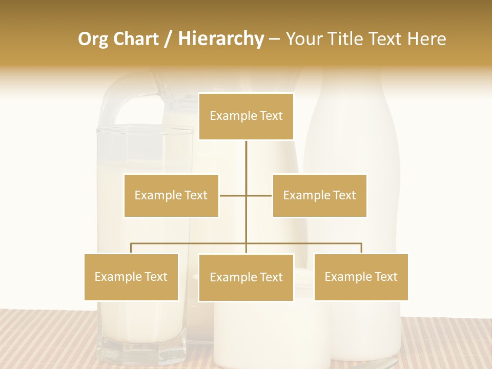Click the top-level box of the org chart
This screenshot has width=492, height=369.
(x=246, y=116)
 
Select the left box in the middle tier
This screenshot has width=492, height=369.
(x=171, y=195)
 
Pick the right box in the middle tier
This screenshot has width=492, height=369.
(x=319, y=195)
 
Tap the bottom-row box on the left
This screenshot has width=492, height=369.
(x=131, y=277)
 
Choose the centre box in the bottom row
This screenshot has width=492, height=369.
(x=246, y=277)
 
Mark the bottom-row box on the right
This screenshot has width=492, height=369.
(x=361, y=277)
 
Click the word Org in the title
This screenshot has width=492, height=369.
(x=93, y=39)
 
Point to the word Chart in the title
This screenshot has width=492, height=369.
(x=136, y=39)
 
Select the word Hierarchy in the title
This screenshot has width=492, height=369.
(x=220, y=39)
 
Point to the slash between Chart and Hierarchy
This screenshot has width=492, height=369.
(x=168, y=39)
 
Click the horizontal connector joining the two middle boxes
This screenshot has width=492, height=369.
(x=233, y=195)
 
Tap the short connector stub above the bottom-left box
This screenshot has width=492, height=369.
(x=131, y=248)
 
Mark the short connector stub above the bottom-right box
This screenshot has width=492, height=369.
(x=361, y=248)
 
